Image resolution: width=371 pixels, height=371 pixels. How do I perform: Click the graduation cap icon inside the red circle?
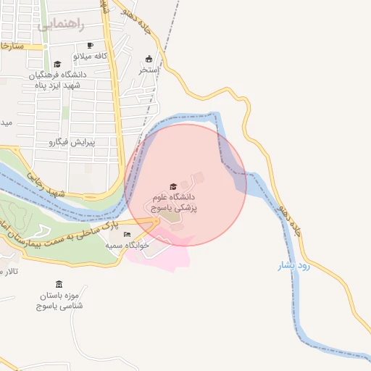pyautogui.click(x=172, y=188)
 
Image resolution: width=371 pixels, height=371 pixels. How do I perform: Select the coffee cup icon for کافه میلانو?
pyautogui.click(x=90, y=46)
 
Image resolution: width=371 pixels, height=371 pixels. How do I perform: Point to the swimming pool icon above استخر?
pyautogui.click(x=149, y=59)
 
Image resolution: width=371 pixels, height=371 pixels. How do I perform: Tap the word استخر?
pyautogui.click(x=149, y=70)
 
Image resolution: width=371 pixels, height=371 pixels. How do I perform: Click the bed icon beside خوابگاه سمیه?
pyautogui.click(x=128, y=235)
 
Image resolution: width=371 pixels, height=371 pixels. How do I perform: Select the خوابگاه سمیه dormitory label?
pyautogui.click(x=128, y=246)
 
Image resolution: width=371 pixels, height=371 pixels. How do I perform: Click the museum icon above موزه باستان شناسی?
pyautogui.click(x=59, y=284)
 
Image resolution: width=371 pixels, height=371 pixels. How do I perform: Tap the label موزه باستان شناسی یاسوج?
pyautogui.click(x=59, y=301)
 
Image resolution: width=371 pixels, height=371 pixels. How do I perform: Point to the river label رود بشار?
pyautogui.click(x=294, y=266)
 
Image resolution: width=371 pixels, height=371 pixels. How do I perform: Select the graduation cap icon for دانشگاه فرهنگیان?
pyautogui.click(x=57, y=64)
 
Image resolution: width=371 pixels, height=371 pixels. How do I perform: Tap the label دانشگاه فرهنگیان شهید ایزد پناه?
pyautogui.click(x=57, y=80)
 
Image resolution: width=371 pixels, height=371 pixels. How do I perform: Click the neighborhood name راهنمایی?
pyautogui.click(x=61, y=25)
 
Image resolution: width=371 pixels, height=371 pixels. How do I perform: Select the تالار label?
pyautogui.click(x=9, y=272)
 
